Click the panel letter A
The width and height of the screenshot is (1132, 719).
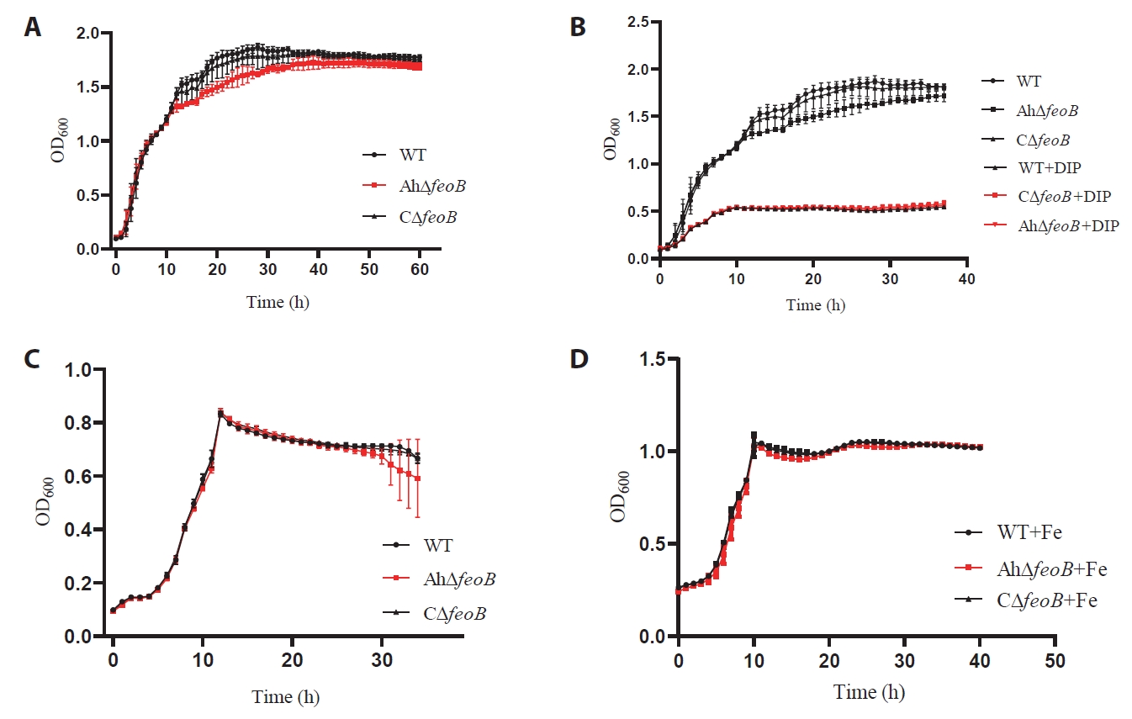33,27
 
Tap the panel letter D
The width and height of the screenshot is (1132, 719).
579,359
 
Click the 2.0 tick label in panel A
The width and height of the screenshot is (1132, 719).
88,34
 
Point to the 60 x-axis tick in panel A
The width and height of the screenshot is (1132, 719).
420,269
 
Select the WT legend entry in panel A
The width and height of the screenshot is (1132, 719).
394,155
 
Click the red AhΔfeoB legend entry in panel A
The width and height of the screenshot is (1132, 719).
414,186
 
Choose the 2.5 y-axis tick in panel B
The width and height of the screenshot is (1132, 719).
638,22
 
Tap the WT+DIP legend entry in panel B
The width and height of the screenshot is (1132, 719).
1031,167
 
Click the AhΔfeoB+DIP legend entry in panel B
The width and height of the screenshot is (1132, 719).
1051,225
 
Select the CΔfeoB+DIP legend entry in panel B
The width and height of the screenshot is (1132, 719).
1047,196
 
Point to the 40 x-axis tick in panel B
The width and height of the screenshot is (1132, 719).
966,279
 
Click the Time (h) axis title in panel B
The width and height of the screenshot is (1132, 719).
815,304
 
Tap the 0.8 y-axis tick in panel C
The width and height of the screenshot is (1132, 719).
78,423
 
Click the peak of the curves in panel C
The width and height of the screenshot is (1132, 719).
220,414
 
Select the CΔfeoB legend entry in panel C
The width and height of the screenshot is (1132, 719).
434,613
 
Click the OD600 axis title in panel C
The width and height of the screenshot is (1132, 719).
45,501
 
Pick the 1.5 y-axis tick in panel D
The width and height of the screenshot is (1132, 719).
653,359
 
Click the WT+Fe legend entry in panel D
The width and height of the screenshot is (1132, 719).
1008,532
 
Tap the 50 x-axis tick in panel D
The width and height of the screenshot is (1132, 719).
1055,661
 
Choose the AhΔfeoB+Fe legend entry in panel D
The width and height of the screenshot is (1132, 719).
1031,569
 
